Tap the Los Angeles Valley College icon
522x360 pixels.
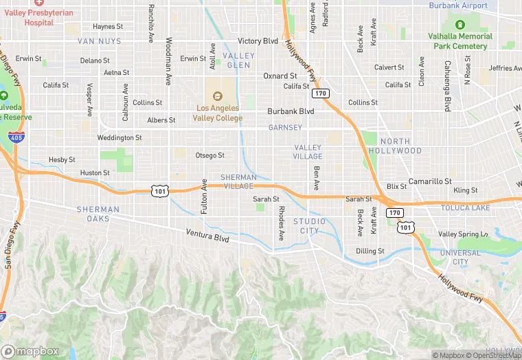(218, 95)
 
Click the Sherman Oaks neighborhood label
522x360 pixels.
(98, 214)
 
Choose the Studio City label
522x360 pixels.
(310, 225)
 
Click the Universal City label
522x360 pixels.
(460, 257)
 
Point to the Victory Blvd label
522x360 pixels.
(258, 41)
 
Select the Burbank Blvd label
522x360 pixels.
(291, 111)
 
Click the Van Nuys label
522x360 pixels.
(99, 41)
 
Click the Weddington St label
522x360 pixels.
(120, 138)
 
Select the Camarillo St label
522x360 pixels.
(430, 181)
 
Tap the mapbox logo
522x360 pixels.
(30, 350)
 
